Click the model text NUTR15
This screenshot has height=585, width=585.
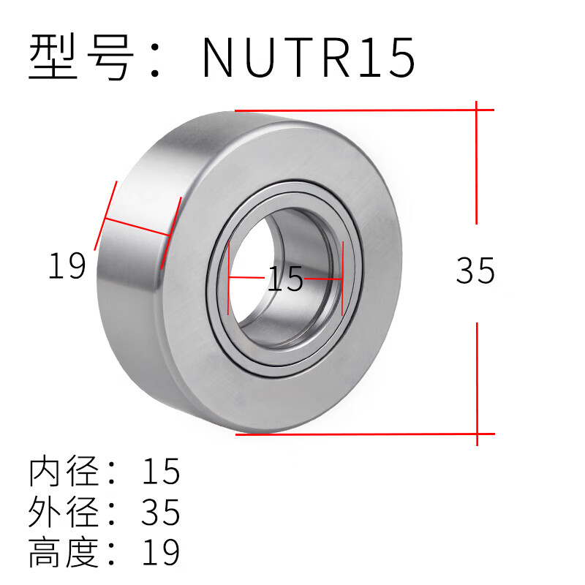309,57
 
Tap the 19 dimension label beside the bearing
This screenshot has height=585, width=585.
67,265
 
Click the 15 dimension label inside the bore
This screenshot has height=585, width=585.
284,279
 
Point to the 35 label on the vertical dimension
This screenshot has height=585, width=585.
475,271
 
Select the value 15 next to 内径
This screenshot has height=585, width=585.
161,472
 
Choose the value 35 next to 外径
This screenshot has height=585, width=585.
161,513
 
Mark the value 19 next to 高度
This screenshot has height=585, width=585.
161,553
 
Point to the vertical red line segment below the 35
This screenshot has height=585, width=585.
477,380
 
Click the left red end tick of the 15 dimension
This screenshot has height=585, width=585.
229,279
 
